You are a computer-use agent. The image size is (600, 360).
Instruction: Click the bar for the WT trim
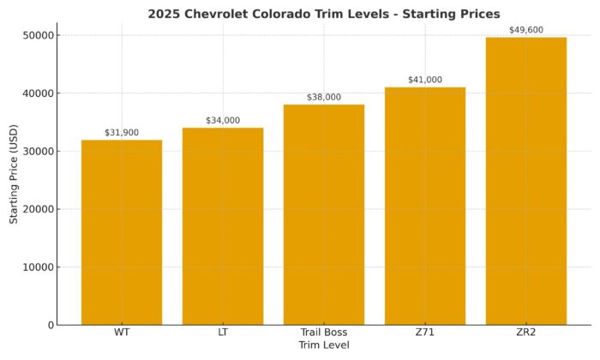point(122,231)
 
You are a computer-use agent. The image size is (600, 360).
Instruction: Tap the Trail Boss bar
point(324,214)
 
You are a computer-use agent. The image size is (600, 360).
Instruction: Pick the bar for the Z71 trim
point(425,206)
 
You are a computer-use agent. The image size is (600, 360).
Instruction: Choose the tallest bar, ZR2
point(526,180)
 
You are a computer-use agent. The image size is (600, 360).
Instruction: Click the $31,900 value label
point(122,133)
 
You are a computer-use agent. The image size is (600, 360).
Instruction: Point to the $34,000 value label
point(223,121)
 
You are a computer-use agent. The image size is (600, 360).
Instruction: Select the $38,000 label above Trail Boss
point(324,98)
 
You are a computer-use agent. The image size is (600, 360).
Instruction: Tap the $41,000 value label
point(425,80)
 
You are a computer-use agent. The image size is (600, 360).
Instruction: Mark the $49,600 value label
point(526,30)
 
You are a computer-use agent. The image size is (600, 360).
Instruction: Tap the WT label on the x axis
point(122,333)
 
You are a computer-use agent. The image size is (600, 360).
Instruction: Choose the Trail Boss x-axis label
point(324,333)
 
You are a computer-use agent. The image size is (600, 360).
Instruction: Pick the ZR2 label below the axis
point(526,333)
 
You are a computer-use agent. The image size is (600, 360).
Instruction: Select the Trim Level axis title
point(324,345)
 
